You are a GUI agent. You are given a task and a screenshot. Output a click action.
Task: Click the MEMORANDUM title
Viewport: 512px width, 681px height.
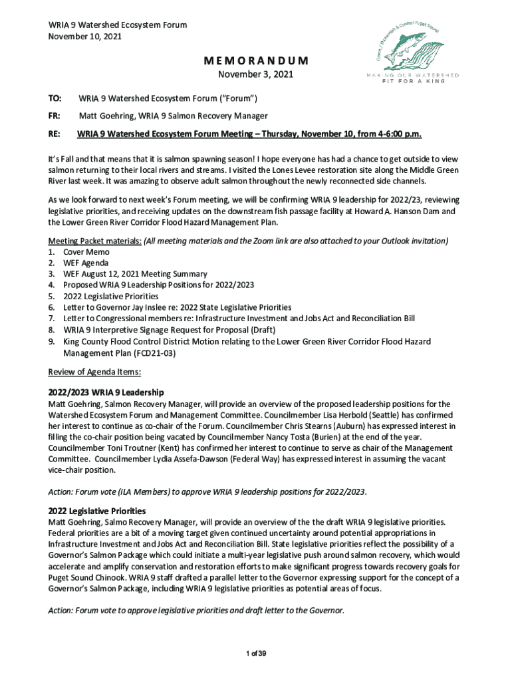tap(256, 61)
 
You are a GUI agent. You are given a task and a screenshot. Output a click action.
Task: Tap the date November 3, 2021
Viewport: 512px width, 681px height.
tap(256, 75)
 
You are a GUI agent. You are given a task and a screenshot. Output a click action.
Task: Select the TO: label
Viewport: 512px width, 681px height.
tap(55, 99)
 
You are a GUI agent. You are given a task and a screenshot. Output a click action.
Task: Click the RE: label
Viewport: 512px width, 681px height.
tap(55, 134)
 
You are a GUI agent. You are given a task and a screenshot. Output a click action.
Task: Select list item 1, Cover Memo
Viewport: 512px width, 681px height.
tap(87, 252)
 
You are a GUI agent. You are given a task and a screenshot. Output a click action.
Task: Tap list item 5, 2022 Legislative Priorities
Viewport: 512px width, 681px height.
tap(111, 296)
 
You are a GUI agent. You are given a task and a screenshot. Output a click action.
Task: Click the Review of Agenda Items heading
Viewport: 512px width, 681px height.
tap(94, 371)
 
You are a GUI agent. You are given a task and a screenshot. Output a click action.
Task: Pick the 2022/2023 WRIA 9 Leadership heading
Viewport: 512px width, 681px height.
tap(106, 392)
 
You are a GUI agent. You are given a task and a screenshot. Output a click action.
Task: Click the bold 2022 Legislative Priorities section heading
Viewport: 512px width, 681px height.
tap(97, 511)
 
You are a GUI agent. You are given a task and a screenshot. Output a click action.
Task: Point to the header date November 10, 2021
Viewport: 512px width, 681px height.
tap(85, 37)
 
